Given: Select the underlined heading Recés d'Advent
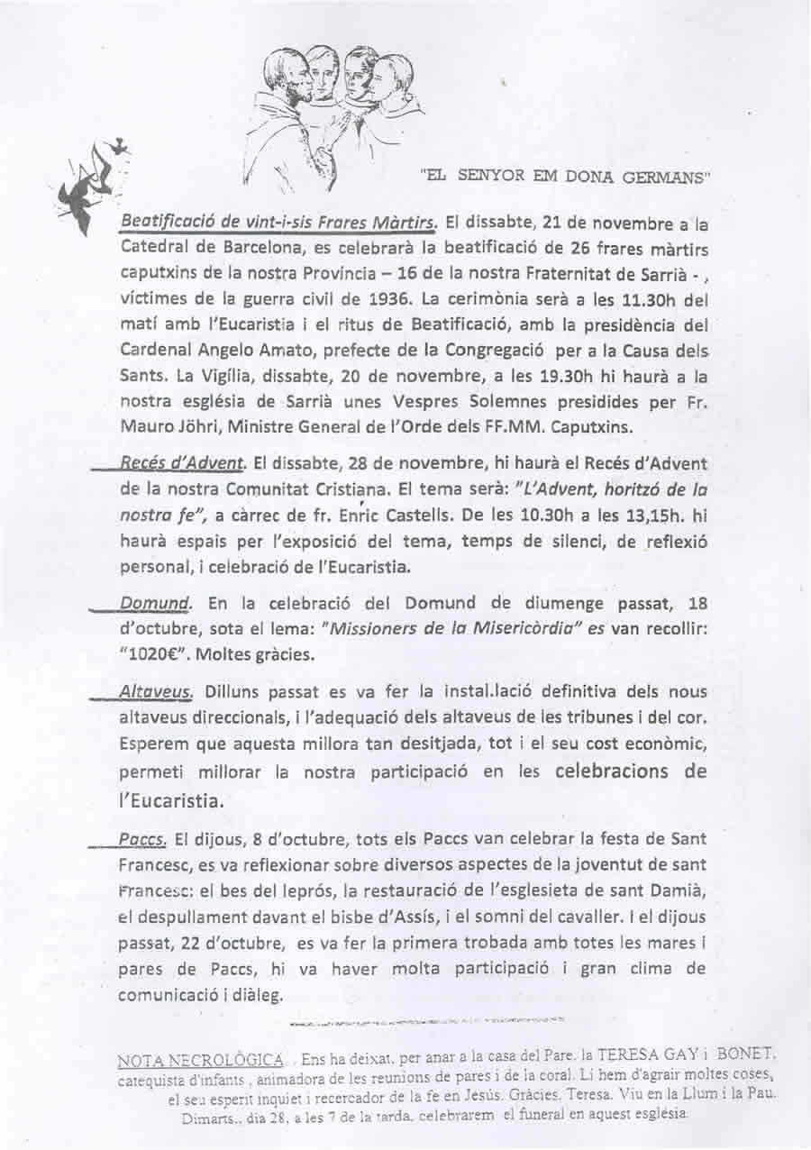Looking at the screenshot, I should (183, 463).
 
